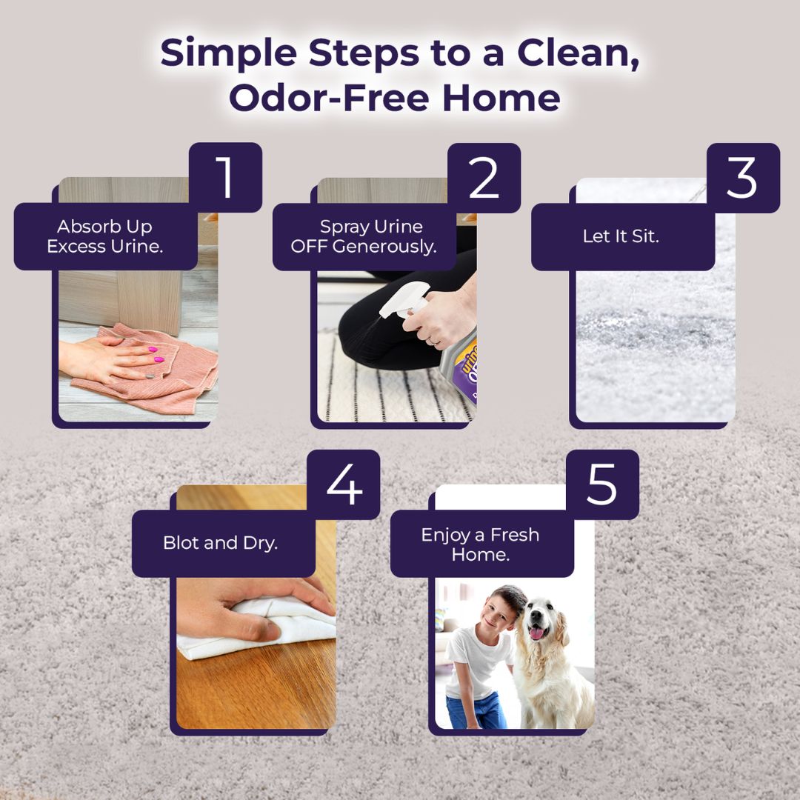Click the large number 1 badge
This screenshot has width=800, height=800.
[x=225, y=177]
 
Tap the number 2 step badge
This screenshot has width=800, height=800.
[x=484, y=178]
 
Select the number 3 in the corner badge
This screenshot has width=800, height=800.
[x=743, y=178]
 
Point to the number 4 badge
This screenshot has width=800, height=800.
[x=344, y=484]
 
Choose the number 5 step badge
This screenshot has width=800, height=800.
[x=602, y=484]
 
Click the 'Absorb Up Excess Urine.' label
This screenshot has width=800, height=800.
[x=105, y=236]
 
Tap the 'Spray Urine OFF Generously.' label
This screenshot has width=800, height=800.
[x=364, y=236]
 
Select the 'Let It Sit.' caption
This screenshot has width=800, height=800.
[x=621, y=236]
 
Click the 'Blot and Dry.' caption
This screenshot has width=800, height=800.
[x=221, y=543]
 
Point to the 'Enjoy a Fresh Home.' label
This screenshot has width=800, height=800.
[x=480, y=544]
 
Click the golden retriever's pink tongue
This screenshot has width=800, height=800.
[x=536, y=633]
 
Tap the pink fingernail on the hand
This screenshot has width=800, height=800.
[x=152, y=350]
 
